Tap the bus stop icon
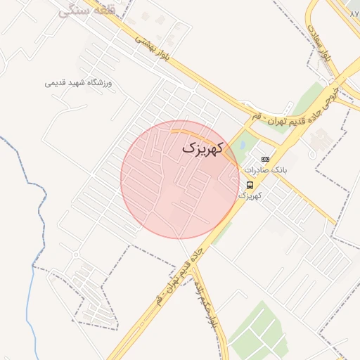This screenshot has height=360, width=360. click(250, 185)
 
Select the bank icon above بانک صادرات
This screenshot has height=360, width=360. click(264, 160)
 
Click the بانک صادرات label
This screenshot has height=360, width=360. click(262, 171)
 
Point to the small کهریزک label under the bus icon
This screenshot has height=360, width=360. click(250, 195)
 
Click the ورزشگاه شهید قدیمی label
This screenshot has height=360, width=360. click(79, 83)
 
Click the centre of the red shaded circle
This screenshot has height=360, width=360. click(180, 180)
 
